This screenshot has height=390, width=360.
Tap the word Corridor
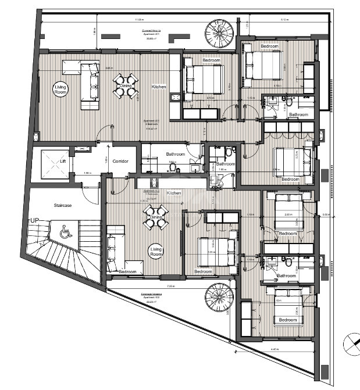[x=120, y=161]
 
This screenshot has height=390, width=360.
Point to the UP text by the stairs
[x=34, y=221]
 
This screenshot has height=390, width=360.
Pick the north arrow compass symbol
[x=351, y=342]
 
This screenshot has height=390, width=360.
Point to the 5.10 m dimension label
[x=284, y=20]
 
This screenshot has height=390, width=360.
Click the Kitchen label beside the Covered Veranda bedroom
[x=159, y=87]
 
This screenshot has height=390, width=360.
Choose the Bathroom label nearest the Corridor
[x=175, y=154]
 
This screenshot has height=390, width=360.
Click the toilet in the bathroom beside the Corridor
[x=172, y=167]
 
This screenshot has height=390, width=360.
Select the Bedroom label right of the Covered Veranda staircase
[x=269, y=46]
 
